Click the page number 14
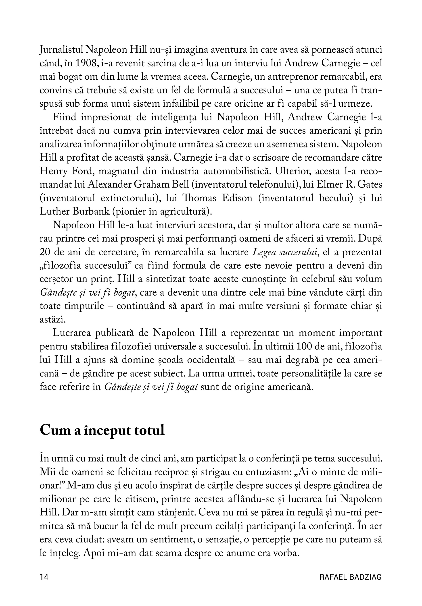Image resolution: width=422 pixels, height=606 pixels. click(44, 577)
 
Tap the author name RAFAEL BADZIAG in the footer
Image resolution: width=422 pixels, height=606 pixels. click(350, 577)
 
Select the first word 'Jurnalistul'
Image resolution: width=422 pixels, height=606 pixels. click(62, 50)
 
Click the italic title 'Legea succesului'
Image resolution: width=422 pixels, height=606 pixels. click(285, 252)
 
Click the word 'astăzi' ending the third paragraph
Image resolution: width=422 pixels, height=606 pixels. click(52, 319)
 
